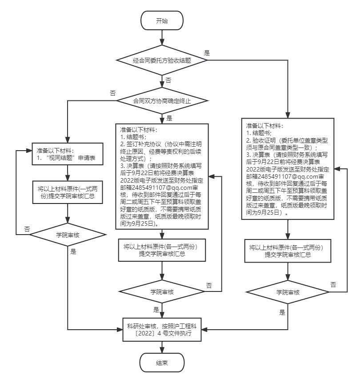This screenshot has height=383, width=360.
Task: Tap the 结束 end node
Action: pyautogui.click(x=162, y=363)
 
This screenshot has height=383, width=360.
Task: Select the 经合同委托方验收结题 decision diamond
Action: pyautogui.click(x=162, y=60)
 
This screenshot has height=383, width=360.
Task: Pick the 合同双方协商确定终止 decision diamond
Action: pyautogui.click(x=162, y=101)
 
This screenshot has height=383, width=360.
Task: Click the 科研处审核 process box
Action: pyautogui.click(x=162, y=329)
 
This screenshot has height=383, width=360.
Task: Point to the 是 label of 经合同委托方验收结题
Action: pyautogui.click(x=207, y=52)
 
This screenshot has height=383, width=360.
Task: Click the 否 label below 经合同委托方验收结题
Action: pyautogui.click(x=168, y=80)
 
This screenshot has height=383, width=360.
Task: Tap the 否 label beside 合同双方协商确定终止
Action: pyautogui.click(x=113, y=93)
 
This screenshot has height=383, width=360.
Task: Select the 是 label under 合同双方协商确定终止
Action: pyautogui.click(x=169, y=119)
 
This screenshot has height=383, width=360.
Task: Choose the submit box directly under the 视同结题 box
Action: pyautogui.click(x=67, y=192)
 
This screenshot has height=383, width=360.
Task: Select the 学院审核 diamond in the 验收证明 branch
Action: pyautogui.click(x=288, y=292)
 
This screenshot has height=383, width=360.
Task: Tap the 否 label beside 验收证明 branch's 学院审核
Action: pyautogui.click(x=333, y=284)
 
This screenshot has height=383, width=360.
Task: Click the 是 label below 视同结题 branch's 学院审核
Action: pyautogui.click(x=73, y=252)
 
